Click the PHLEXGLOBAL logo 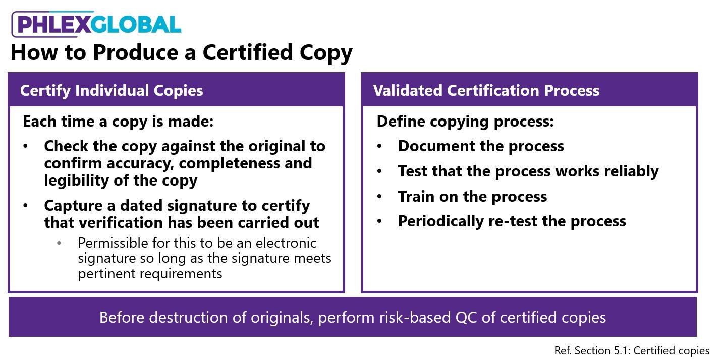[x=96, y=24]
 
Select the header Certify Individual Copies [x=112, y=91]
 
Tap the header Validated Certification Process [x=486, y=91]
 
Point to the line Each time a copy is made [x=119, y=122]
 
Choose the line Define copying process [x=465, y=122]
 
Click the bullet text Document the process [x=481, y=146]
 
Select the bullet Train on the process [x=472, y=196]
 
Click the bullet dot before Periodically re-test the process [x=380, y=221]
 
